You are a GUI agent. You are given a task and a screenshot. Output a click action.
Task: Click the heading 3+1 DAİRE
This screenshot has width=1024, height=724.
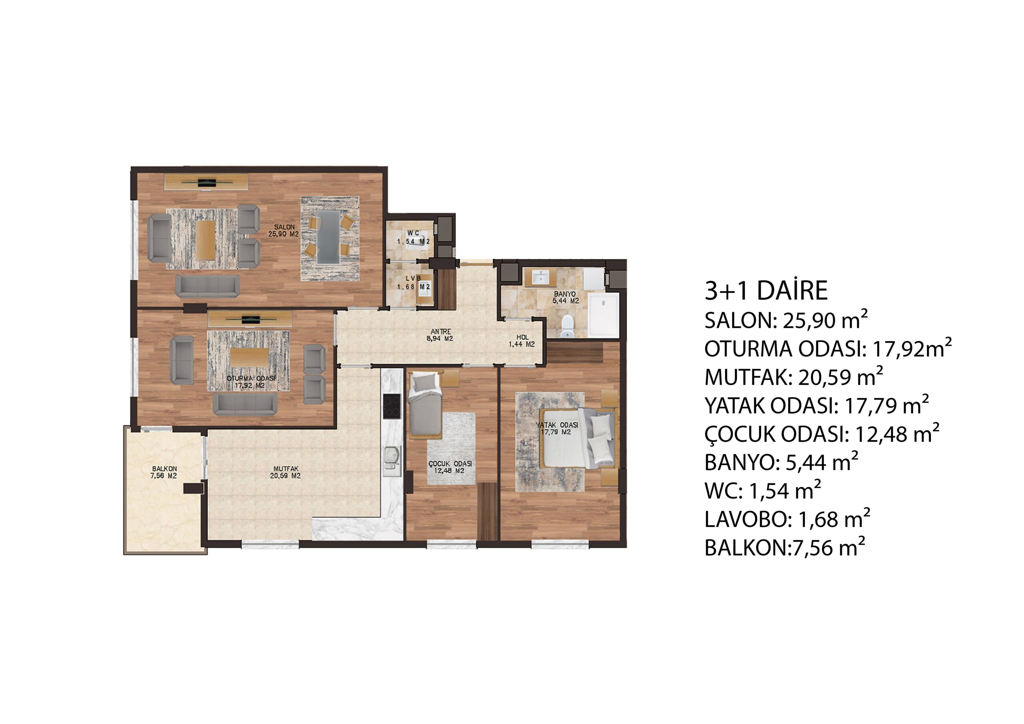[766, 290]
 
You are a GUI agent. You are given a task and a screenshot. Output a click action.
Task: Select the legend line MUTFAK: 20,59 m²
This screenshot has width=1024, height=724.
[794, 377]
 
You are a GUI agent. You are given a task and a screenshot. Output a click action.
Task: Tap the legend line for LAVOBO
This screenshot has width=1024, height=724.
[787, 519]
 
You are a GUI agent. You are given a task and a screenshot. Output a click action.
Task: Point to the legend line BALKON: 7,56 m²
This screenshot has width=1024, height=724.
[784, 547]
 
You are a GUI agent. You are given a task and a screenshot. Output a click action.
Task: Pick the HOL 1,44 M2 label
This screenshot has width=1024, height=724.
[522, 341]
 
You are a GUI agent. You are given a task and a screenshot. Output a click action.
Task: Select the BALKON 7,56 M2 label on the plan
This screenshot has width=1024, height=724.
[164, 472]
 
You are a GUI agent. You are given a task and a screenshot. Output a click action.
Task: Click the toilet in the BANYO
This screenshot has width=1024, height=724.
[567, 326]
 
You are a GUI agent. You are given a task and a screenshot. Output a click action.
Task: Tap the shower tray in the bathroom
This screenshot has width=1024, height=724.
[604, 314]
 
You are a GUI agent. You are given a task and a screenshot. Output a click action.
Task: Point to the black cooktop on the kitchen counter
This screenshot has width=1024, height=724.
[392, 406]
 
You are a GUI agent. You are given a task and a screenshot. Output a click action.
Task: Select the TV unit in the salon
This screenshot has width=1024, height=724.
[206, 182]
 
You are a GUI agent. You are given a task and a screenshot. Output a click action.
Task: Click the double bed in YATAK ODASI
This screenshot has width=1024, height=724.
[578, 438]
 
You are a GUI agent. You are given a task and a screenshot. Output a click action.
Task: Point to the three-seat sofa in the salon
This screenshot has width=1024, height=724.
[207, 286]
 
